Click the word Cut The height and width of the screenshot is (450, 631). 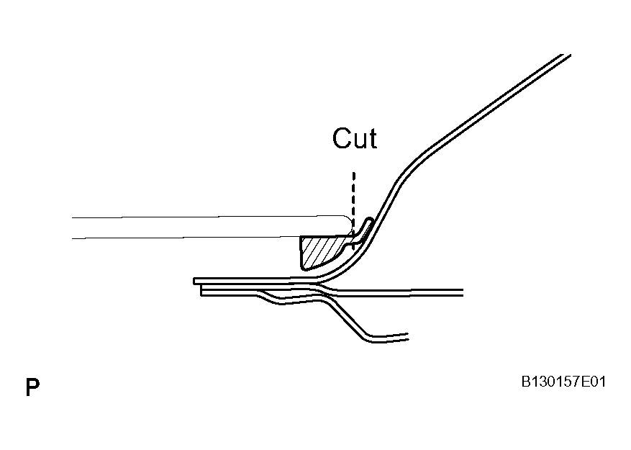(x=355, y=138)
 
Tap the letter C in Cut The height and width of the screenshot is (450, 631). (x=341, y=138)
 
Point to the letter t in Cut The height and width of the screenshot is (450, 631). (x=373, y=139)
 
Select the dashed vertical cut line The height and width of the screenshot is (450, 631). (x=354, y=210)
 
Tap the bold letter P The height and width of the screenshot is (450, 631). (x=32, y=387)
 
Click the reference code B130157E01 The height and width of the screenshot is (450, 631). (x=563, y=382)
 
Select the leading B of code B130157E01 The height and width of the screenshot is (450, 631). (x=526, y=382)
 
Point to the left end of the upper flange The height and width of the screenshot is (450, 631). (x=194, y=282)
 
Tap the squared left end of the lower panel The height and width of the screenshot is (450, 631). (x=201, y=291)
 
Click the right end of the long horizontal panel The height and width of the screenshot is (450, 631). (x=463, y=292)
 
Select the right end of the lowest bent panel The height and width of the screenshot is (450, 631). (x=408, y=337)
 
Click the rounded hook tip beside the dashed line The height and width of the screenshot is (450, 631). (x=369, y=220)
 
